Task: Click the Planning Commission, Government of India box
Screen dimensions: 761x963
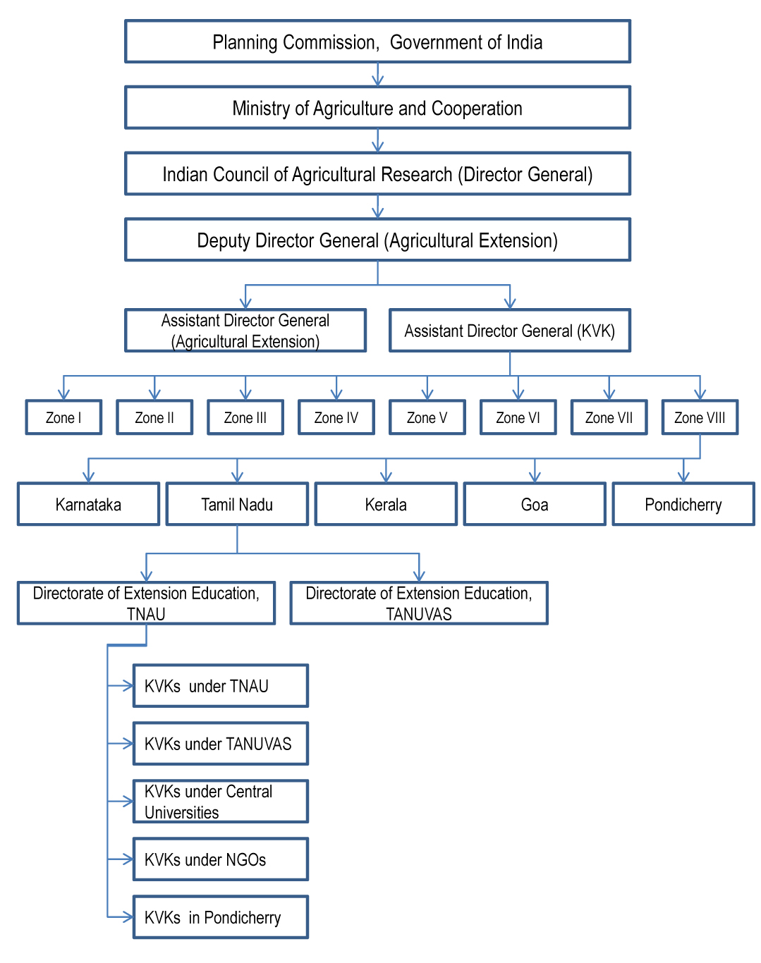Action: [x=377, y=42]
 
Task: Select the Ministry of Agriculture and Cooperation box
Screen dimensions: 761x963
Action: [x=377, y=108]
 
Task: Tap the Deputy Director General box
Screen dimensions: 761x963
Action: [x=377, y=240]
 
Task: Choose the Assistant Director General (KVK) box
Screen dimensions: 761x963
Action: [x=510, y=331]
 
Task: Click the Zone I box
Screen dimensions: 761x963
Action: [x=63, y=417]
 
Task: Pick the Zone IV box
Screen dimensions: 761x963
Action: [x=336, y=417]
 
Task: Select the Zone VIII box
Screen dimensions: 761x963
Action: [x=700, y=417]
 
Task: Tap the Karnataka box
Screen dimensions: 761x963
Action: [x=88, y=504]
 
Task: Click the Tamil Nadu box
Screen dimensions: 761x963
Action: [x=237, y=504]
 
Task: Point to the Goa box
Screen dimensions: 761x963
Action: [x=535, y=504]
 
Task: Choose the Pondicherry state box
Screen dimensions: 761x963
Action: [x=683, y=504]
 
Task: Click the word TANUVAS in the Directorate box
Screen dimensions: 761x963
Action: [x=418, y=615]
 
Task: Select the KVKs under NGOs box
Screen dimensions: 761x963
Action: [x=220, y=859]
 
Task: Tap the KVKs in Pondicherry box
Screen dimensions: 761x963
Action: [x=220, y=917]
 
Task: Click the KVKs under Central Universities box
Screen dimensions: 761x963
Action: [x=220, y=802]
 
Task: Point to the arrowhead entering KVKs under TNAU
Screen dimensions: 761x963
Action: [x=128, y=685]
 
